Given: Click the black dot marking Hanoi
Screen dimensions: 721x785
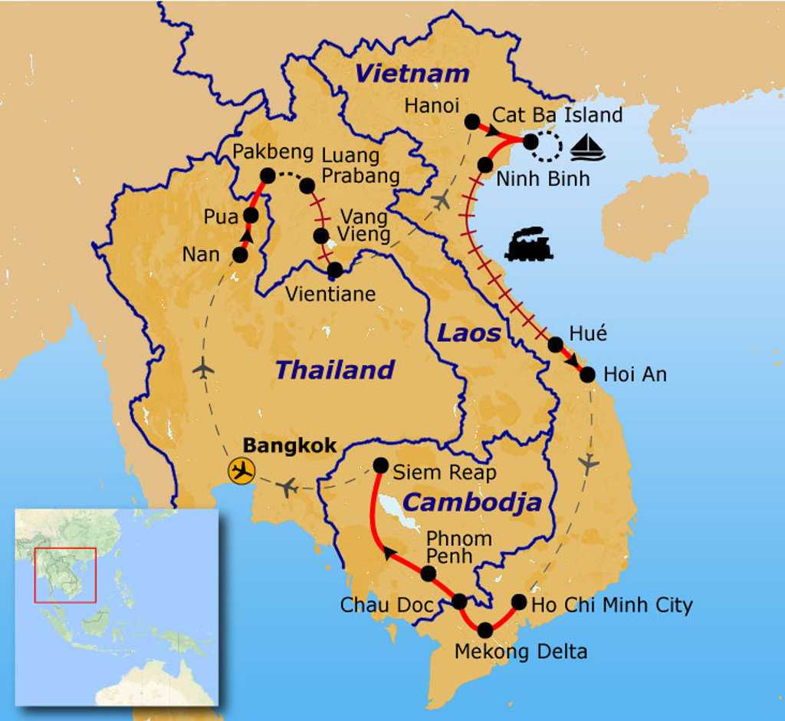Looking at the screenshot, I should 472,122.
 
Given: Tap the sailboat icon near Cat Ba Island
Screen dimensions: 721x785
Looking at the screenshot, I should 588,147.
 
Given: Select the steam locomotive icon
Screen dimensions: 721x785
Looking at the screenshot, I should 528,245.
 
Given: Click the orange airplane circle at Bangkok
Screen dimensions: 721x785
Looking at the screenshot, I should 242,470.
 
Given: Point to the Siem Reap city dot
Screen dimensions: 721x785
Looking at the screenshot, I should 380,465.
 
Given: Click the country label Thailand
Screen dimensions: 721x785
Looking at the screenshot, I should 334,370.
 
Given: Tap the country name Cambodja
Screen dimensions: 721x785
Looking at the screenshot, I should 472,502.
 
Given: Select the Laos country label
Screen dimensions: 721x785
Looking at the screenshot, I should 468,333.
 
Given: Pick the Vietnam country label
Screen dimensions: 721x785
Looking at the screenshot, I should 412,74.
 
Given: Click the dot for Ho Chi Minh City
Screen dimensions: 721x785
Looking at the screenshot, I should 519,602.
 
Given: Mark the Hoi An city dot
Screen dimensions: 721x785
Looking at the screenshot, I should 587,374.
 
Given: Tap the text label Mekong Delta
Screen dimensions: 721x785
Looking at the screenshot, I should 521,652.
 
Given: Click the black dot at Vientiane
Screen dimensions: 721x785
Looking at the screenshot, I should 334,270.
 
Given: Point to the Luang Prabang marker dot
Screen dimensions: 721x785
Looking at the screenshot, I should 307,186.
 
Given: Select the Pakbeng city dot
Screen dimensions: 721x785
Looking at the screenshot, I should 268,176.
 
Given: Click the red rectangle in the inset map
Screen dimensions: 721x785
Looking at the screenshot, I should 65,574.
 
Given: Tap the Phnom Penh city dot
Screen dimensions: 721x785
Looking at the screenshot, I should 429,573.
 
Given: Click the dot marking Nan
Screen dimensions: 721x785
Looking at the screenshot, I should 240,254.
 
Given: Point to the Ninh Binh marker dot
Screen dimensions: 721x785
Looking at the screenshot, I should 484,165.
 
